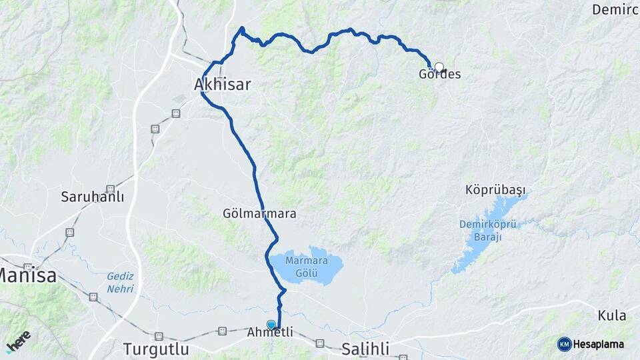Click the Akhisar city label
[x=222, y=85]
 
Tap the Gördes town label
[x=439, y=75]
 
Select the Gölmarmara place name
[x=260, y=214]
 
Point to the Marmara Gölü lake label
[x=306, y=266]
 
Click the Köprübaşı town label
[x=491, y=191]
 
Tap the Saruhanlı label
[x=93, y=197]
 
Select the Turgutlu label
[x=156, y=349]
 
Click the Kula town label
[x=612, y=315]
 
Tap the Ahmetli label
[x=270, y=332]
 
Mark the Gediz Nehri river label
[x=120, y=282]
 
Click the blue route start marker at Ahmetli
[x=271, y=325]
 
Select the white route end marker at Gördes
[x=439, y=67]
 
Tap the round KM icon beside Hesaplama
[x=564, y=344]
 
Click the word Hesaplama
[x=598, y=345]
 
